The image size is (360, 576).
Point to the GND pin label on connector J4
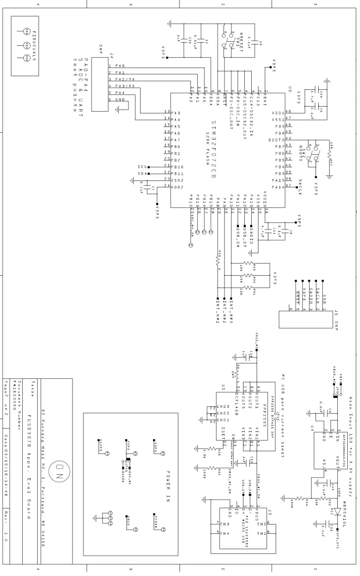pyautogui.click(x=120, y=99)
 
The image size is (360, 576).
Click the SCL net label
pyautogui.click(x=141, y=166)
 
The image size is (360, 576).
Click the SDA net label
pyautogui.click(x=141, y=173)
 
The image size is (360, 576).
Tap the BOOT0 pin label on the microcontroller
pyautogui.click(x=276, y=140)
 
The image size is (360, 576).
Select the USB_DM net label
pyautogui.click(x=238, y=234)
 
